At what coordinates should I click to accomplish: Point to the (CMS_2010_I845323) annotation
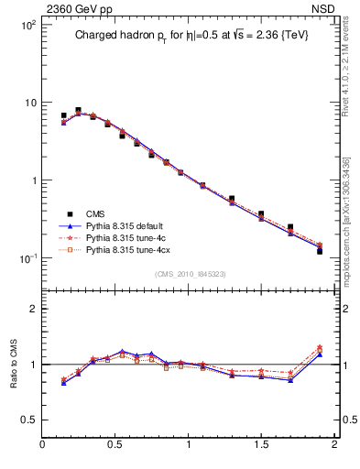point(190,274)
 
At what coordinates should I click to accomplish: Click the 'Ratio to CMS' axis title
point(14,363)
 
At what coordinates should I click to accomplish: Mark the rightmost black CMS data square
point(320,250)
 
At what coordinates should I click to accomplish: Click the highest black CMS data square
point(78,110)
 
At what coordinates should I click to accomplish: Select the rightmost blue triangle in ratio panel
point(320,354)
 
